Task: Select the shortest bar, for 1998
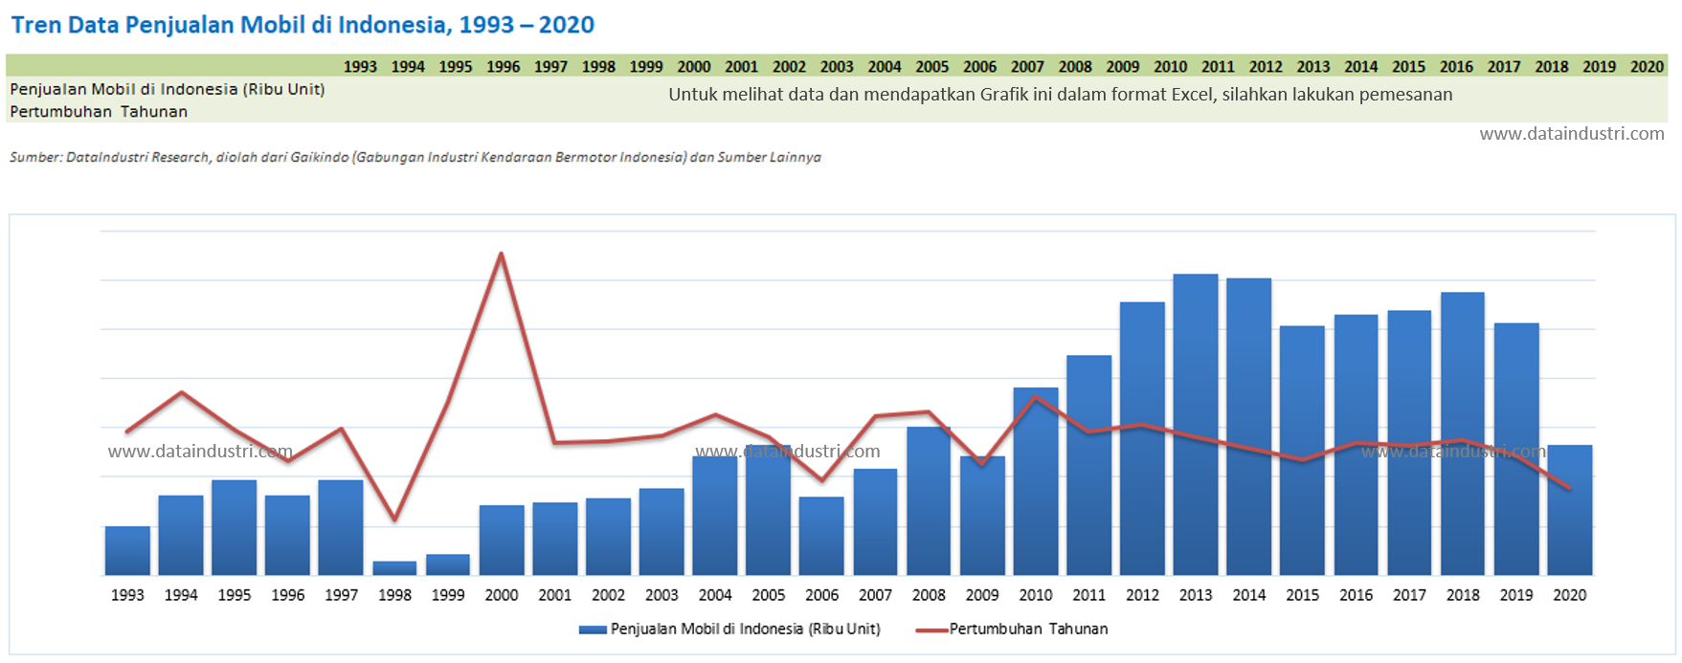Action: tap(394, 568)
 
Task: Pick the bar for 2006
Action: tap(821, 536)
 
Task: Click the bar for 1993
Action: tap(127, 550)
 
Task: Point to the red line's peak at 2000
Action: tap(502, 254)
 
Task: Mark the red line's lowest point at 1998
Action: tap(394, 520)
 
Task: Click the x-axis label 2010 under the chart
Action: tap(1036, 595)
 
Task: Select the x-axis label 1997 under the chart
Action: tap(341, 595)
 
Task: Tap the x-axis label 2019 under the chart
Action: tap(1516, 595)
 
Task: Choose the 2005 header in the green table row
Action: tap(931, 67)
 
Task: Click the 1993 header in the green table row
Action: tap(360, 67)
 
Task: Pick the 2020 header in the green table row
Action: tap(1647, 67)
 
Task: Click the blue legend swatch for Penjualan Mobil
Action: tap(593, 630)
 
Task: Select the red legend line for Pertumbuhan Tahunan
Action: tap(931, 630)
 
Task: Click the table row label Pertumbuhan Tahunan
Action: tap(99, 112)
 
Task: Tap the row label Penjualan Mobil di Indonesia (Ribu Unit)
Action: tap(168, 89)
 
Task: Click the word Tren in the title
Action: tap(36, 25)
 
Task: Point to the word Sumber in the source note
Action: tap(34, 157)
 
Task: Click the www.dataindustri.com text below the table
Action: tap(1571, 134)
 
